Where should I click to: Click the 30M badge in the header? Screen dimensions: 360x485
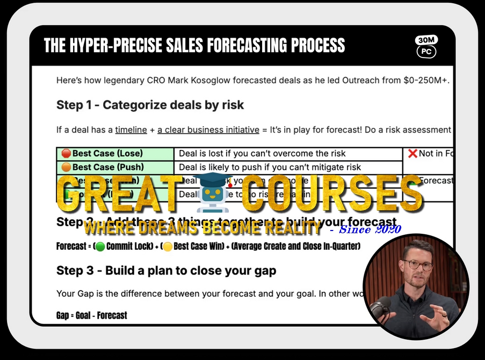(426, 40)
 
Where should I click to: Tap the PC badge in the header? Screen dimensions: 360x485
(426, 52)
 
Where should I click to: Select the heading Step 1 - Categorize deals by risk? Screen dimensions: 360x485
(150, 105)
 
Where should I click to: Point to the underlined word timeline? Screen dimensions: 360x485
(131, 129)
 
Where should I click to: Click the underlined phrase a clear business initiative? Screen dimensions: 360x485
(207, 129)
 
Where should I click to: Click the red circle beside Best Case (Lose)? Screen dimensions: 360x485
(67, 154)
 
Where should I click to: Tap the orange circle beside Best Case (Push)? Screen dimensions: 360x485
(67, 167)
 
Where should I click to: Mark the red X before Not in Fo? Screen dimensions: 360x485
(412, 154)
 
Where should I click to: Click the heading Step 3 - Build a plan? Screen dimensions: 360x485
(166, 270)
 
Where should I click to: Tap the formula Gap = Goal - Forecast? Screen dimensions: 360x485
(92, 315)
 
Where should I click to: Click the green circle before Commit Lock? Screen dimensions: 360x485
(100, 247)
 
